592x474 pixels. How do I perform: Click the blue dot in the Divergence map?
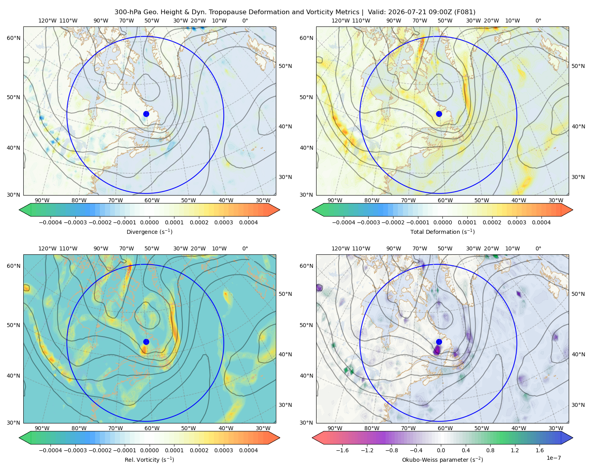146,114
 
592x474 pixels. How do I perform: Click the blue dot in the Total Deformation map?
439,114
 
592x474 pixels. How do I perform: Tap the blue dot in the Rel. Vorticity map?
146,342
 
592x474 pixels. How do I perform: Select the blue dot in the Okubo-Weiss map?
439,342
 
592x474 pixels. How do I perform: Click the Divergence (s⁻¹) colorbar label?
149,231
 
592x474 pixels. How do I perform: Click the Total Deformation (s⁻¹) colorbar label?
442,231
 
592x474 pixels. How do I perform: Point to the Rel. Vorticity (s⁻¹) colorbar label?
149,459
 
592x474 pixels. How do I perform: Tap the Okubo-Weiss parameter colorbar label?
442,459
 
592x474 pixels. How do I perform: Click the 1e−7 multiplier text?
553,458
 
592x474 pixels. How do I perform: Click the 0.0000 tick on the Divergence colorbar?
149,222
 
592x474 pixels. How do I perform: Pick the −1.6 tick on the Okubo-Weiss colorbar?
342,450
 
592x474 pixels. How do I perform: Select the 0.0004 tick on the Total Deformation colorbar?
541,222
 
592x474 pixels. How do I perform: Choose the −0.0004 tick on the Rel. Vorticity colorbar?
51,450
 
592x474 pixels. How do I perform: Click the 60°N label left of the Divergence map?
13,38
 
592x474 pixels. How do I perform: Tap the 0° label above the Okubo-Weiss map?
538,248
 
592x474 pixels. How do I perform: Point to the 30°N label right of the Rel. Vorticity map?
285,404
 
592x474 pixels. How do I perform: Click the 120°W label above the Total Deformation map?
341,21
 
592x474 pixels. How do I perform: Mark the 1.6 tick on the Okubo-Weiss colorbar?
540,450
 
